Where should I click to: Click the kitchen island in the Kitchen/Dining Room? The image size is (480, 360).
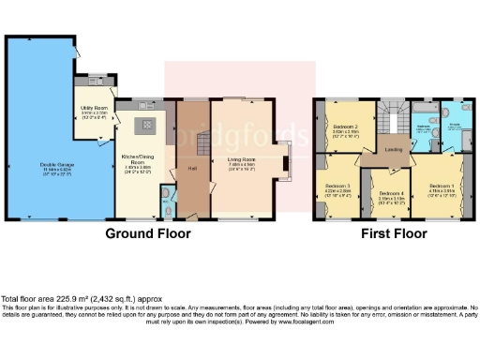point(146,125)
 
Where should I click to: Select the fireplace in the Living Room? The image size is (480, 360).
point(285,167)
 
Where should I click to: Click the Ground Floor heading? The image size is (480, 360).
point(148,232)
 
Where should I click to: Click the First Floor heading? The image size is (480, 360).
point(391,232)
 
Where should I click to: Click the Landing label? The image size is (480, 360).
point(393,149)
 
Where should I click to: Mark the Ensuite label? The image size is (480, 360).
point(457,127)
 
